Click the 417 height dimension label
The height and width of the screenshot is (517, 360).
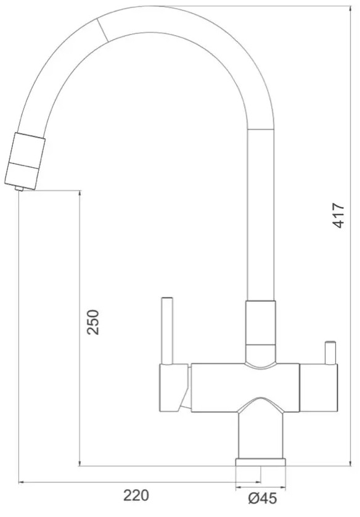tap(338, 215)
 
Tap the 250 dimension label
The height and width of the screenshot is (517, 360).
tap(93, 322)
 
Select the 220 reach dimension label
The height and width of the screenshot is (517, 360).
tap(136, 495)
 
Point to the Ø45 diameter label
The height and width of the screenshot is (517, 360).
tap(263, 498)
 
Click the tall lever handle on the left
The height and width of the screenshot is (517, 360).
tap(166, 331)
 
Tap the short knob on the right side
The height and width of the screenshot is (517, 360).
tap(330, 353)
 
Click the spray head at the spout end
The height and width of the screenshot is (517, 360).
tap(25, 161)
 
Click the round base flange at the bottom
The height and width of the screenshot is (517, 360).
tap(261, 462)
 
